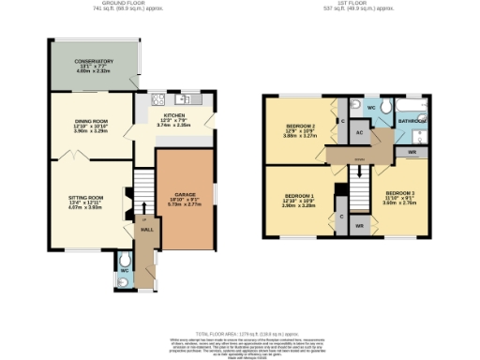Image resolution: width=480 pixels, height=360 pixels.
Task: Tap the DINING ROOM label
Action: click(92, 120)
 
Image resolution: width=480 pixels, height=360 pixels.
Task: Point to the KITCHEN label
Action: click(174, 113)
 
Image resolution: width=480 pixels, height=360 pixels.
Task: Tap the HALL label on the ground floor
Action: click(146, 228)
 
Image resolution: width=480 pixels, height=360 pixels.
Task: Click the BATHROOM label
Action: click(412, 122)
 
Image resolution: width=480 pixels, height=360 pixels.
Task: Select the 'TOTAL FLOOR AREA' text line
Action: click(240, 334)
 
